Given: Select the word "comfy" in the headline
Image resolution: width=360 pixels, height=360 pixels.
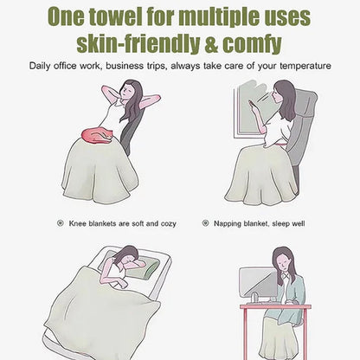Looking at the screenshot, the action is click(252, 46).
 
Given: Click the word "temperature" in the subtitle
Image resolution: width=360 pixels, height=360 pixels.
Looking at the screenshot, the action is click(305, 66).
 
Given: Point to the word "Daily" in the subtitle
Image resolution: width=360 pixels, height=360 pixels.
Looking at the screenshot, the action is click(40, 66).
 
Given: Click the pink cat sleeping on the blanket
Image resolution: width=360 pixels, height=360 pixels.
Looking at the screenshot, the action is click(97, 136).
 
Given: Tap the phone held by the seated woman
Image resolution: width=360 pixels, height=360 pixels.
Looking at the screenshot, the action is click(251, 104).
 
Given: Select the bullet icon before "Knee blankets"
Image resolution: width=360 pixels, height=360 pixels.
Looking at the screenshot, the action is click(60, 223).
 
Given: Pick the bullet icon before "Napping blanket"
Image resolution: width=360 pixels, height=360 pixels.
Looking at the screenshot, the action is click(205, 223).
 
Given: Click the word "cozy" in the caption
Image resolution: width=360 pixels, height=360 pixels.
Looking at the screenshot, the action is click(168, 224).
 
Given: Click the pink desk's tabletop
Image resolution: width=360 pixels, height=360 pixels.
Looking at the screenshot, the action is click(275, 306).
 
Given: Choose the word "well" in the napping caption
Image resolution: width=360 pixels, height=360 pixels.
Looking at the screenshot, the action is click(298, 223).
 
